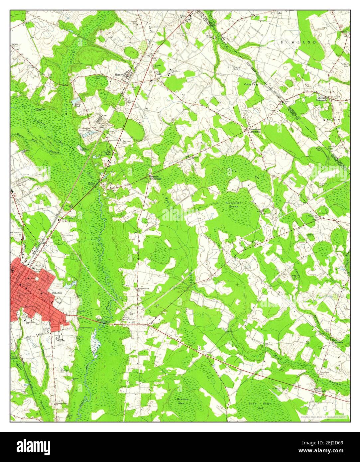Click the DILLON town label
tap(57, 293)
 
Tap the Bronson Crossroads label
tap(155, 177)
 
